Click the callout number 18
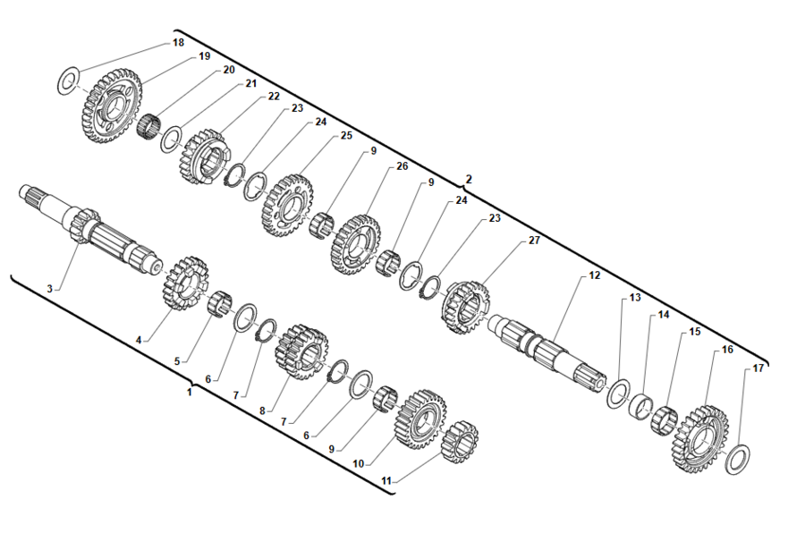pos(178,42)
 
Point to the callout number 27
pos(534,241)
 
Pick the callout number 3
pos(51,288)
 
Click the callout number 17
pos(758,368)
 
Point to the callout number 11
pos(386,480)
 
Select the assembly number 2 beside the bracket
pos(469,179)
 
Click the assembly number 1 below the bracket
pos(189,392)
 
